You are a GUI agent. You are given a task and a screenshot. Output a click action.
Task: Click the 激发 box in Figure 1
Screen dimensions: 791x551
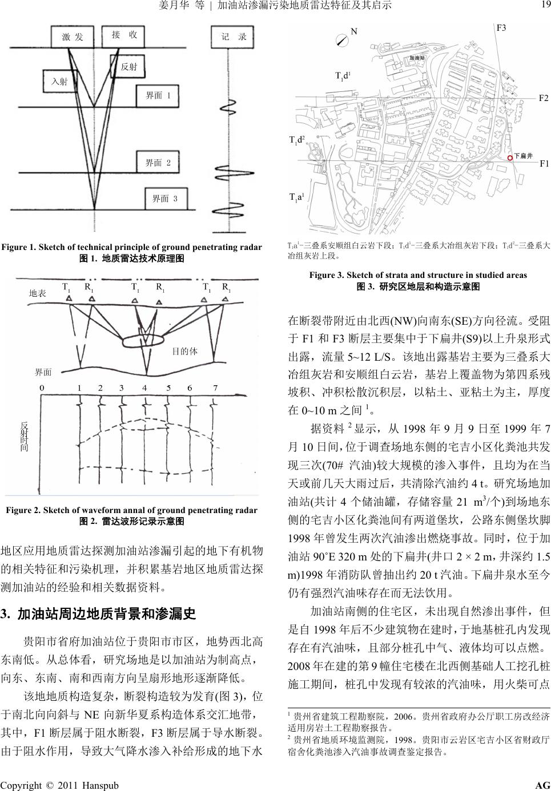(x=73, y=37)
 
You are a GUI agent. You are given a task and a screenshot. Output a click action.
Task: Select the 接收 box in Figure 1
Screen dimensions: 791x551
(x=124, y=35)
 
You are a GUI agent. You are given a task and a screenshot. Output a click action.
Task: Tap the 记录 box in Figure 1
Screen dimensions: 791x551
(x=233, y=37)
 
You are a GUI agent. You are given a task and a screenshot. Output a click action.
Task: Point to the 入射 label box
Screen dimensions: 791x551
(x=59, y=82)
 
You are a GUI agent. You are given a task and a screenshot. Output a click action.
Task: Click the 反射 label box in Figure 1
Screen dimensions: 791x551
(x=130, y=67)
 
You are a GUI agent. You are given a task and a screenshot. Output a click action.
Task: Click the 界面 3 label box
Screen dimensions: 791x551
(x=165, y=199)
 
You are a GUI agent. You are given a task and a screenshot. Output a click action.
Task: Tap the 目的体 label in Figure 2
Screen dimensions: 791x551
(x=184, y=352)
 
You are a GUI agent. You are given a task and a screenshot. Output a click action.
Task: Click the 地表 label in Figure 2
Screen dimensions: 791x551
(x=37, y=293)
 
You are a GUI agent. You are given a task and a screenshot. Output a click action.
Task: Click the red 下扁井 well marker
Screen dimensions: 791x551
(x=510, y=156)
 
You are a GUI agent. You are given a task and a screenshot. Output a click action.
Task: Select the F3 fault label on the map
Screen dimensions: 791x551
(x=501, y=28)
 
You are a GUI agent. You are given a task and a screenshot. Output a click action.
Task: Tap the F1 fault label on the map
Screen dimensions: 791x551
(x=544, y=163)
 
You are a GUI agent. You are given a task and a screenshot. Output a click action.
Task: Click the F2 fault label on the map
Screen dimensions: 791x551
(x=544, y=98)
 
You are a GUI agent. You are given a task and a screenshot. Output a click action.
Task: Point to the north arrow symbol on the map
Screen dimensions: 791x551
(x=343, y=39)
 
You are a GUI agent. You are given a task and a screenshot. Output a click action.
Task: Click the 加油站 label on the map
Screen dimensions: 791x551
(x=417, y=58)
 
